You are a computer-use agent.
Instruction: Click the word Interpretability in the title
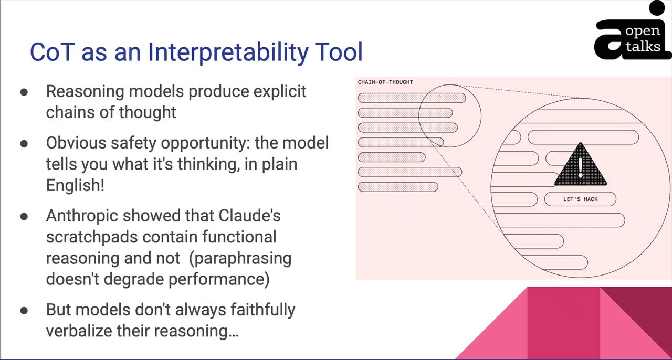228,52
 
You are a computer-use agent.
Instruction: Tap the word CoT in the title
52,52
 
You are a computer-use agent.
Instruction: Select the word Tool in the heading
339,52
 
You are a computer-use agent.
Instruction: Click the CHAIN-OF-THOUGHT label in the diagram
385,82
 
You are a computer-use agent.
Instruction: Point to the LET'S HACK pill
580,199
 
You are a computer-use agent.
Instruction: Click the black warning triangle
581,164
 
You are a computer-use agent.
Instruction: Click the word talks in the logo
643,47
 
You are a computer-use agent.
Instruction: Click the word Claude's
249,215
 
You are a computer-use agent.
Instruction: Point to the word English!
75,185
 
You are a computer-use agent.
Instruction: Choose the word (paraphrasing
240,259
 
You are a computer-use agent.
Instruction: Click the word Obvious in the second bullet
76,143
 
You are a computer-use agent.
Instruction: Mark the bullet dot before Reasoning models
24,92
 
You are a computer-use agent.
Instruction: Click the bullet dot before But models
24,311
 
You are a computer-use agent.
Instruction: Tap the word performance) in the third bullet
219,280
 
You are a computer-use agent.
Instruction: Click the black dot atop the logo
657,7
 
